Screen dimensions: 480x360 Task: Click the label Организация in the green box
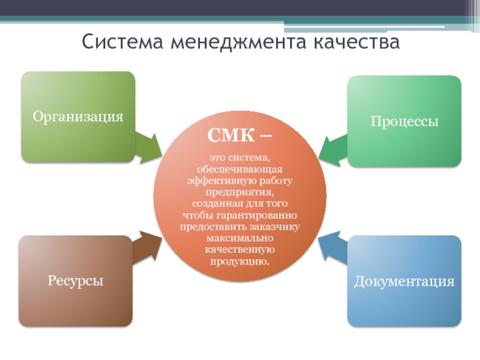tap(78, 116)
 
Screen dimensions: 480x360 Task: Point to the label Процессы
tap(404, 121)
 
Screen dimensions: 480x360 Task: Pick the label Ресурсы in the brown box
tap(76, 280)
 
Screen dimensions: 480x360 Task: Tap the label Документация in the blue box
tap(404, 280)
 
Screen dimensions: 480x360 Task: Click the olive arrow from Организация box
tap(147, 148)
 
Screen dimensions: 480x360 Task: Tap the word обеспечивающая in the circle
tap(240, 170)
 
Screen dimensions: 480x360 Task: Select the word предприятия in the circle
tap(239, 192)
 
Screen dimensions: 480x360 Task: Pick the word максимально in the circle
tap(239, 238)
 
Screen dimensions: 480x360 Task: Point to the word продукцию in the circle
tap(239, 260)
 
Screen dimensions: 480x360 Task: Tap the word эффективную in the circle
tap(212, 181)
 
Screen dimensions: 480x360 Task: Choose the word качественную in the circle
tap(239, 249)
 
